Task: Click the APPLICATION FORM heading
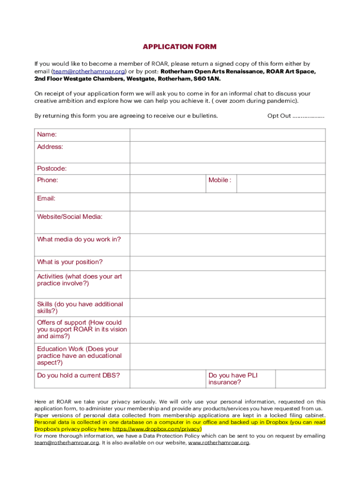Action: (x=180, y=47)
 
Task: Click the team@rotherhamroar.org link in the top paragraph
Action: (x=89, y=72)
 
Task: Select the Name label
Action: (x=47, y=135)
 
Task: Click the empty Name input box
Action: (x=227, y=135)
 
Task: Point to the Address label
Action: (x=50, y=147)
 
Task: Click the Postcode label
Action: (x=52, y=168)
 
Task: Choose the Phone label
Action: (x=48, y=180)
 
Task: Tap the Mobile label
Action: (x=220, y=180)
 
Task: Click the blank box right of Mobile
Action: (x=281, y=183)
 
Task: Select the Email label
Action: (x=46, y=198)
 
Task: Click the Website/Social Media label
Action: (x=70, y=217)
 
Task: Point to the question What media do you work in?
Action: (x=79, y=239)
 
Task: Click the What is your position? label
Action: (x=70, y=262)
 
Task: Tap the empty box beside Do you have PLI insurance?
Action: (x=300, y=379)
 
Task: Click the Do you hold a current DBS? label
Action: (x=79, y=375)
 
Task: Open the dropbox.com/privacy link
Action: (x=157, y=429)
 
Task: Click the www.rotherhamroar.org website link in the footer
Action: (x=218, y=443)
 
